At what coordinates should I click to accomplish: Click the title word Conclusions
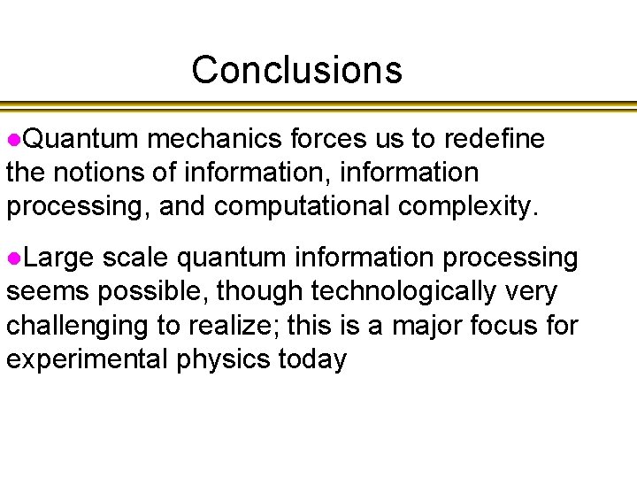tap(296, 70)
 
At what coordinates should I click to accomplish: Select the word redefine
tap(495, 139)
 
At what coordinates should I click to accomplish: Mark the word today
tap(315, 360)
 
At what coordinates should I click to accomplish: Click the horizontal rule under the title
tap(318, 107)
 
